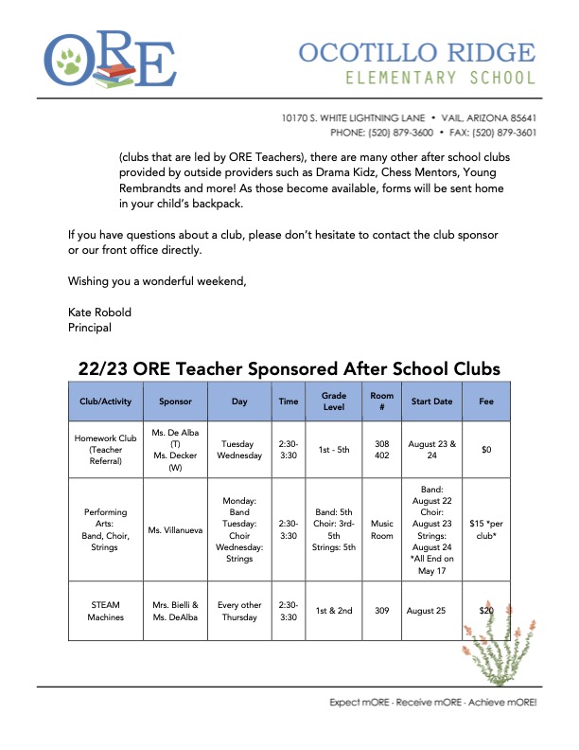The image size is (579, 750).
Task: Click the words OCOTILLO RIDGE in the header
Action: [417, 52]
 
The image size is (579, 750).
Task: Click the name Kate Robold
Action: [99, 312]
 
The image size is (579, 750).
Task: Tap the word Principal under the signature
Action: [90, 328]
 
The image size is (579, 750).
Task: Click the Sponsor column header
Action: [175, 402]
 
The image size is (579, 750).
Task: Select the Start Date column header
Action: [431, 402]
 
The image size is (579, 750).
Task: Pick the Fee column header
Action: [486, 402]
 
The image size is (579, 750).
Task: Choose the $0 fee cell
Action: [486, 450]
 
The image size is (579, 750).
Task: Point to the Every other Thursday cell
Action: [239, 611]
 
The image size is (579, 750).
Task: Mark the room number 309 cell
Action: [381, 611]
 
